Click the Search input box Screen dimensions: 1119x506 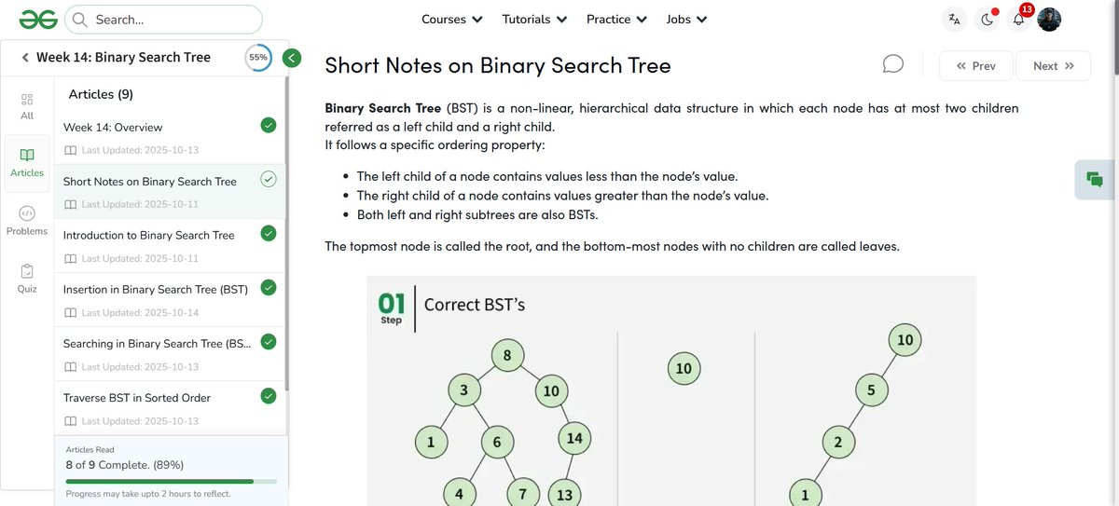pyautogui.click(x=173, y=19)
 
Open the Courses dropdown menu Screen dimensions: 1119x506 pyautogui.click(x=451, y=19)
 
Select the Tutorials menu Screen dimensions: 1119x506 pyautogui.click(x=533, y=19)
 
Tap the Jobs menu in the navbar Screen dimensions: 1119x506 pyautogui.click(x=686, y=19)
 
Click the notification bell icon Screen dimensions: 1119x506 pyautogui.click(x=1018, y=20)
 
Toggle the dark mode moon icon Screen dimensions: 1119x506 pyautogui.click(x=986, y=20)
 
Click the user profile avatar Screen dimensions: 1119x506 pyautogui.click(x=1049, y=20)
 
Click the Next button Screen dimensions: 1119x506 pyautogui.click(x=1053, y=66)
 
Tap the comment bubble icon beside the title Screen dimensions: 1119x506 pyautogui.click(x=892, y=63)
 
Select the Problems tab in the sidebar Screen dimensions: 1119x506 pyautogui.click(x=27, y=220)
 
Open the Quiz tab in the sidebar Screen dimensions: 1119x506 pyautogui.click(x=27, y=278)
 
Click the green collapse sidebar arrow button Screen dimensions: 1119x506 pyautogui.click(x=292, y=58)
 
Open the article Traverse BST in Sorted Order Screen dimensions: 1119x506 pyautogui.click(x=137, y=398)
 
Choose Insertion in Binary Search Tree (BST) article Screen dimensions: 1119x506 pyautogui.click(x=156, y=290)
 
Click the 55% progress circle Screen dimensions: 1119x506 pyautogui.click(x=258, y=57)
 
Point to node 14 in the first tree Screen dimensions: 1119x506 pyautogui.click(x=573, y=438)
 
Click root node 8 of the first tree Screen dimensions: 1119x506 pyautogui.click(x=507, y=355)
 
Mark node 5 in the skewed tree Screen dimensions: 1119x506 pyautogui.click(x=871, y=390)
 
